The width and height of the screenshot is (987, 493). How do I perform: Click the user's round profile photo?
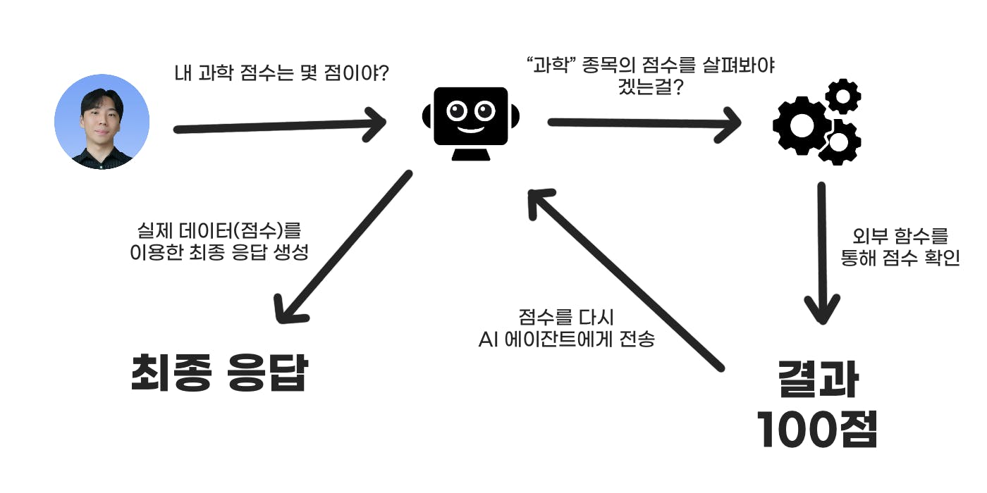[x=102, y=121]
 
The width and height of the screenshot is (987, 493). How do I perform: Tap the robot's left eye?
[x=456, y=111]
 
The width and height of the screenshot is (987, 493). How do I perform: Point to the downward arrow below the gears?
[x=822, y=254]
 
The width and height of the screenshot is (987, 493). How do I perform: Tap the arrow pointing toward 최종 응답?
[x=345, y=246]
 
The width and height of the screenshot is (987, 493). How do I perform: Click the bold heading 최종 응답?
[x=219, y=373]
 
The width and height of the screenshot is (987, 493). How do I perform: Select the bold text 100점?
[x=817, y=430]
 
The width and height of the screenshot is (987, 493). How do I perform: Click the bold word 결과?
[x=818, y=381]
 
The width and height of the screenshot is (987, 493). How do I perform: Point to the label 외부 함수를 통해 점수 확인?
[x=900, y=246]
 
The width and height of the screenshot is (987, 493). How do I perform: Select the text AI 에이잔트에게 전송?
[x=567, y=339]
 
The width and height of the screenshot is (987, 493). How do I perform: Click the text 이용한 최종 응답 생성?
[x=219, y=253]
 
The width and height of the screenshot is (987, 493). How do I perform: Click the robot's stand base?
[x=470, y=154]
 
